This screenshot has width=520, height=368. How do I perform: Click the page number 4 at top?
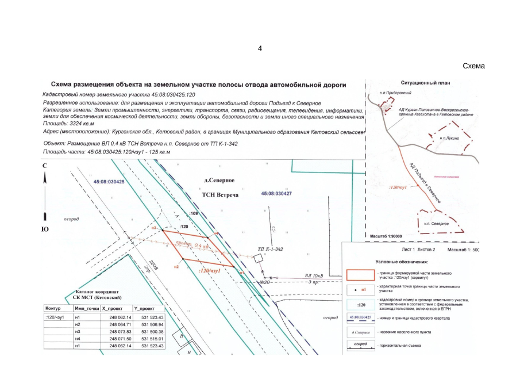tap(260, 48)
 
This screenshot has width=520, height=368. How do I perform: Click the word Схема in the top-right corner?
tap(473, 66)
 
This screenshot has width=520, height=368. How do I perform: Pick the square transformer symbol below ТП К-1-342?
tap(260, 258)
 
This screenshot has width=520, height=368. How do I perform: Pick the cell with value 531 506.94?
tap(152, 324)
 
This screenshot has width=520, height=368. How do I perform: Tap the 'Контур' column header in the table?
tap(53, 308)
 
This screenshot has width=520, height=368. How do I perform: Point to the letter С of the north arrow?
tap(45, 166)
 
